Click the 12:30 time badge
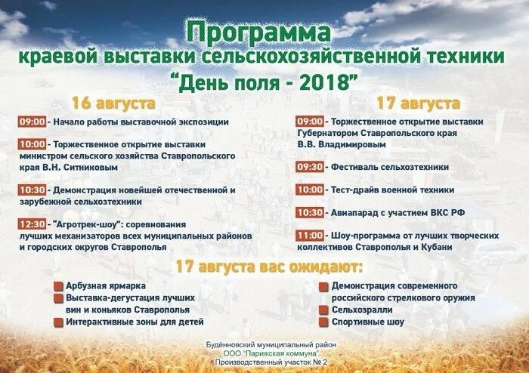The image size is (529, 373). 32,224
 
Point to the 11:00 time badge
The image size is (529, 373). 310,236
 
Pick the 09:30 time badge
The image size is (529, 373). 310,167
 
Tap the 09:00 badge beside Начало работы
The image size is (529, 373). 32,121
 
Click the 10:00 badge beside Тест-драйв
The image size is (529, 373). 310,190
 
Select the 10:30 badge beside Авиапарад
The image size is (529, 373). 310,213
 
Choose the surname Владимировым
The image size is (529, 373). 364,143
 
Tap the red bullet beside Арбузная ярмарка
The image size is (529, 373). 58,287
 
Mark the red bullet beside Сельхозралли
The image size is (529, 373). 323,310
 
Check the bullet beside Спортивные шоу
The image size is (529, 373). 323,322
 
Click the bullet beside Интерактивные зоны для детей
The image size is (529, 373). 58,322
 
